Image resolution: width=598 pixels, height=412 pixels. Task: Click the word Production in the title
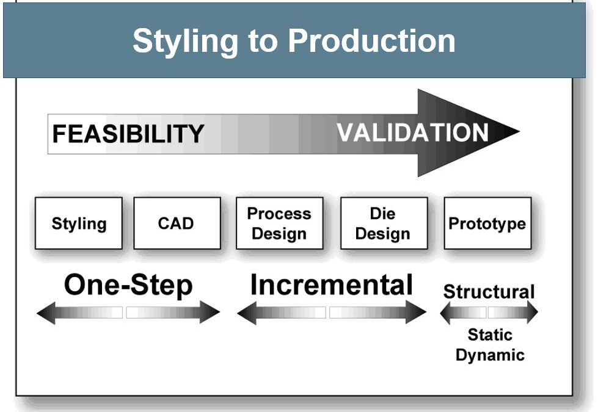pos(371,40)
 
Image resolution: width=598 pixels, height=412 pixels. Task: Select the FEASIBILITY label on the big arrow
pos(128,134)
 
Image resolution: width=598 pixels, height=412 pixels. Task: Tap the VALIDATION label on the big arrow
pos(413,132)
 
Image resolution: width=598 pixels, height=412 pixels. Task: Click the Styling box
pos(79,223)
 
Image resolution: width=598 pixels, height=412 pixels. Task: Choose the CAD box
pos(177,223)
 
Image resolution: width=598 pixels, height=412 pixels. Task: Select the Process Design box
pos(279,223)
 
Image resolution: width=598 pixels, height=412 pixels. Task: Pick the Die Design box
pos(383,223)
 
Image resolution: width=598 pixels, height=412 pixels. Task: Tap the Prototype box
pos(487,223)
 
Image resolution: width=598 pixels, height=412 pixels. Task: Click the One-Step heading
pos(128,285)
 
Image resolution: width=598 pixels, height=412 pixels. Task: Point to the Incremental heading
pos(331,285)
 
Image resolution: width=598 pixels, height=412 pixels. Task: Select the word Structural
pos(489,292)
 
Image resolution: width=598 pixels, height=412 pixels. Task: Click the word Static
pos(490,334)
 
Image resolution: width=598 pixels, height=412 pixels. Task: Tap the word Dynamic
pos(490,355)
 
